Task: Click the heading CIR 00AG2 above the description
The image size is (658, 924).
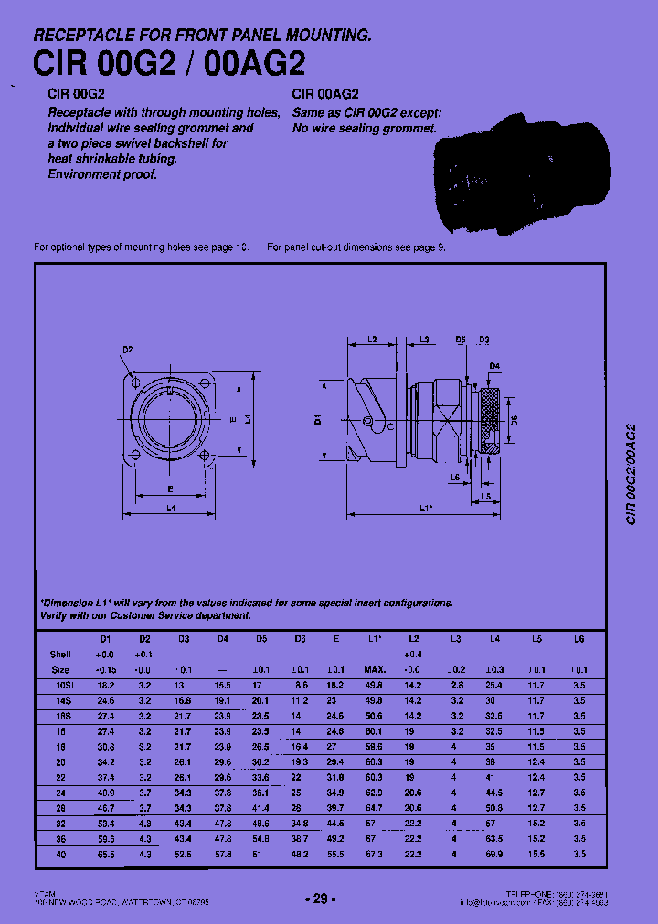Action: [x=325, y=93]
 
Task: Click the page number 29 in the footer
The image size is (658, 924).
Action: [x=320, y=898]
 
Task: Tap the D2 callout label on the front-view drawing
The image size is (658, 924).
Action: [x=128, y=350]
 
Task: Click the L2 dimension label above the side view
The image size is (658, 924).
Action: [x=373, y=340]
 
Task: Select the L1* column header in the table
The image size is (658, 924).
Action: [x=374, y=639]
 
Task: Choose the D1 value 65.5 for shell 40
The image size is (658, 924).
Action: [x=105, y=855]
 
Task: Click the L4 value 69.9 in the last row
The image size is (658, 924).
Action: [x=495, y=855]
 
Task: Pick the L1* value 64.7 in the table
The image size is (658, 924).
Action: [x=374, y=808]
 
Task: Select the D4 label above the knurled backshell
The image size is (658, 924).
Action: [x=494, y=366]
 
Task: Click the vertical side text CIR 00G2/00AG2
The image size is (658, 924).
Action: [x=630, y=475]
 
